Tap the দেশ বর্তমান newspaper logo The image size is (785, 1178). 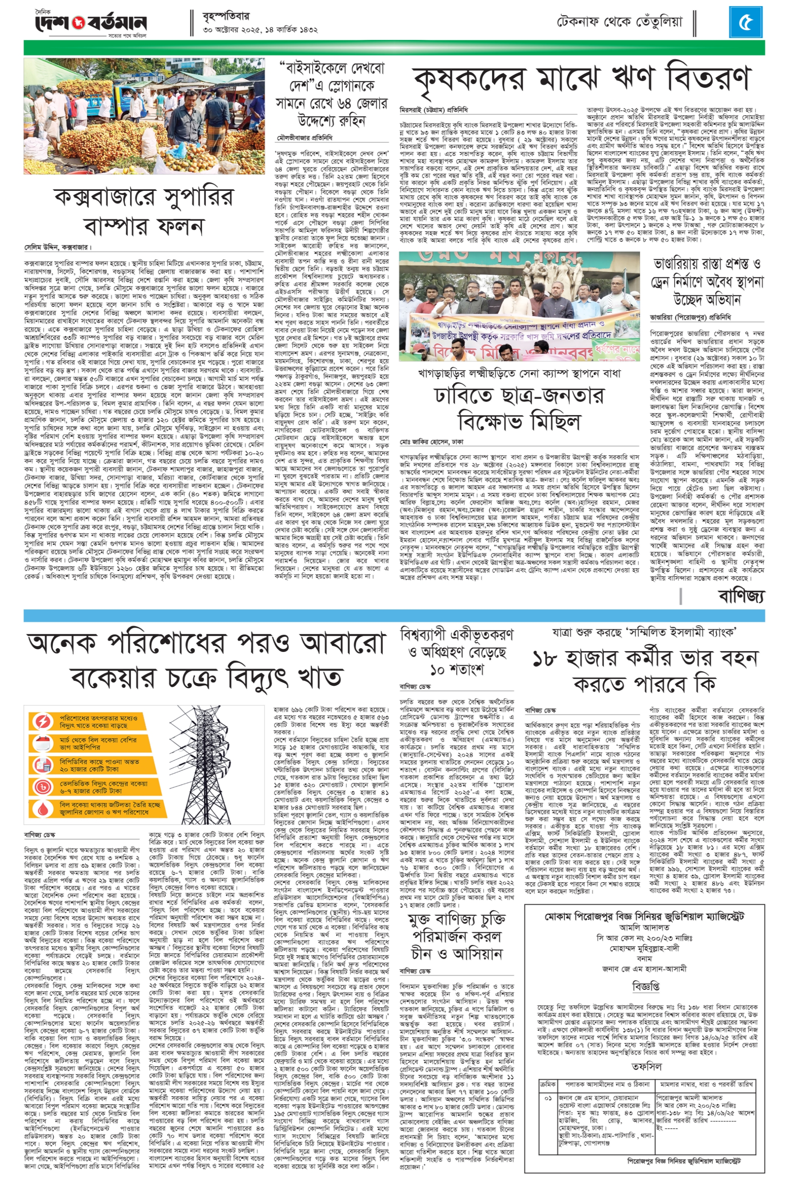pyautogui.click(x=91, y=23)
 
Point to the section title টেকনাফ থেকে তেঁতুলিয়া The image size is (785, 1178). pyautogui.click(x=619, y=22)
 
